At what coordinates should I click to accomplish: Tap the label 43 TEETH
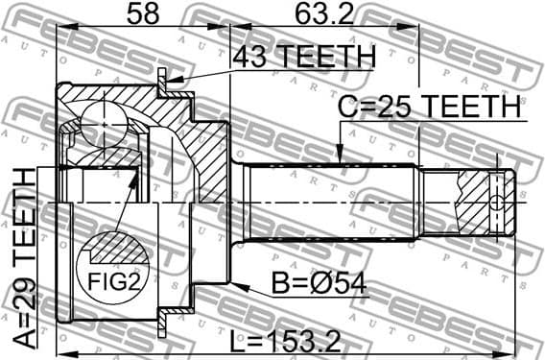[304, 58]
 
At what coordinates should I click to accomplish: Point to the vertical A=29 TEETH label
[20, 259]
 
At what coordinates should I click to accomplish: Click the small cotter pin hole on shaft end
[495, 202]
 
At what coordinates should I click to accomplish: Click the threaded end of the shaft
[470, 202]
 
